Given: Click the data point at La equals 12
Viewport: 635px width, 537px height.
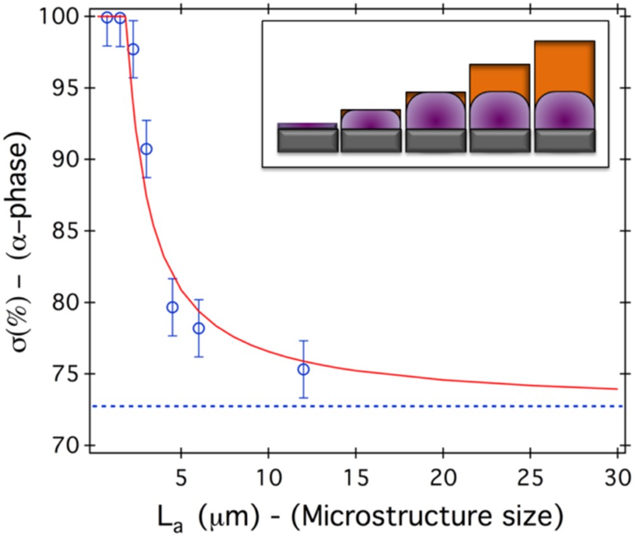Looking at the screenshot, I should pos(304,369).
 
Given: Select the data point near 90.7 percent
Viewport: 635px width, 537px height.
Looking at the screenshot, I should pos(146,149).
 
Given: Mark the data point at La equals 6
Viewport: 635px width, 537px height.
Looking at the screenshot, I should pos(199,328).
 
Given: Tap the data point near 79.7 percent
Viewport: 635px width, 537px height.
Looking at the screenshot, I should pos(172,307).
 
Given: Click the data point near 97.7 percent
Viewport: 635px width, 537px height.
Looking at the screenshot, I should pos(133,49).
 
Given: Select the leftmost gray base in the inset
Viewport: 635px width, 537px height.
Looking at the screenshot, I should pos(307,140).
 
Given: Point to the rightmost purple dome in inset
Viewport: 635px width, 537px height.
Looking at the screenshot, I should pos(564,111).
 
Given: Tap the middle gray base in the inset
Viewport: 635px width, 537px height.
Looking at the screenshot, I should pos(435,140).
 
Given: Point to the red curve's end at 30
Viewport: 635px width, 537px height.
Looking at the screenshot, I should pos(616,388).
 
